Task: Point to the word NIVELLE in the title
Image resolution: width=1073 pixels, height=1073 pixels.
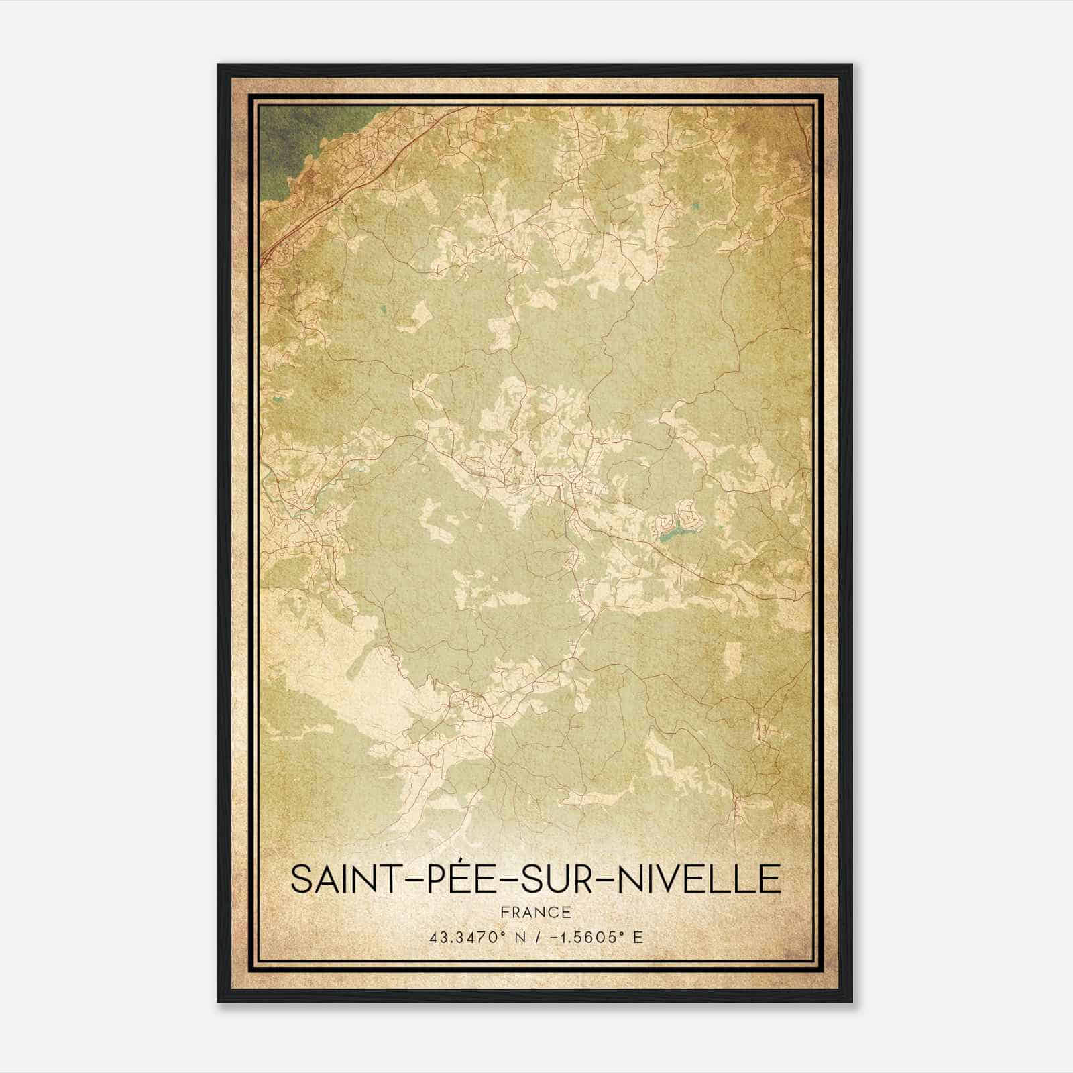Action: pos(699,879)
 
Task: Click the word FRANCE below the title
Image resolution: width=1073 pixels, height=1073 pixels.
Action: pos(536,912)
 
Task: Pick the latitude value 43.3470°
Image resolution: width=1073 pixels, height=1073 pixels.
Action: pos(465,937)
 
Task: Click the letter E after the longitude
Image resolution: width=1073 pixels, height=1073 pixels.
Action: pos(638,937)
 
